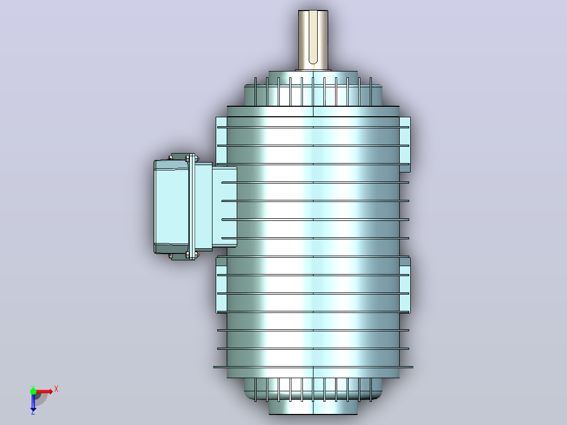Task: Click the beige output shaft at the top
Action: pyautogui.click(x=313, y=40)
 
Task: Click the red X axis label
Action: pyautogui.click(x=56, y=389)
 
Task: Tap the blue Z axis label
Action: pyautogui.click(x=33, y=411)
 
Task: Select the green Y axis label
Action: pyautogui.click(x=33, y=387)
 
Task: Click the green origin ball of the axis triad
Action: pyautogui.click(x=33, y=392)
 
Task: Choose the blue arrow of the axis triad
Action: pyautogui.click(x=33, y=401)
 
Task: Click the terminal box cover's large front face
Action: pyautogui.click(x=171, y=207)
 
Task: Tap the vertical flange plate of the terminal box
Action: pyautogui.click(x=192, y=207)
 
